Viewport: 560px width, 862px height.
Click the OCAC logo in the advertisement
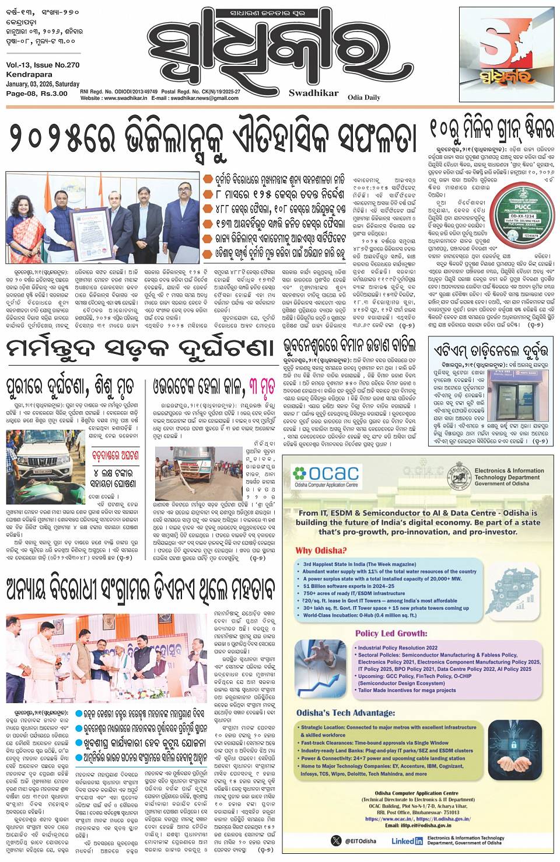[326, 474]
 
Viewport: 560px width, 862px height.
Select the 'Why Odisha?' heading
[321, 550]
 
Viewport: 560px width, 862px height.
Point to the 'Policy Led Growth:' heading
[391, 633]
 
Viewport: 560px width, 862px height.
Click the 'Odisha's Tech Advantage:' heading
[345, 713]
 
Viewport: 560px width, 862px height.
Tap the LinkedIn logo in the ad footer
[407, 841]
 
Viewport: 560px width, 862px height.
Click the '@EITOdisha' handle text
[360, 841]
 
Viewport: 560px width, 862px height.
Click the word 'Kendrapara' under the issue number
[26, 75]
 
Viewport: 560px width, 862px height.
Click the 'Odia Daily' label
[364, 98]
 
